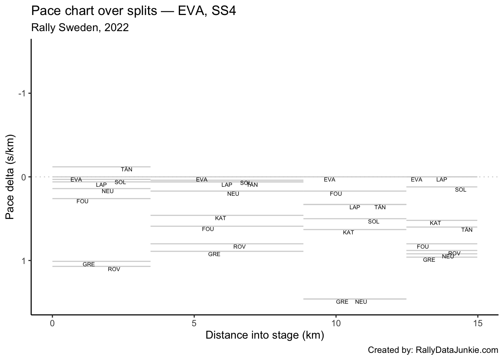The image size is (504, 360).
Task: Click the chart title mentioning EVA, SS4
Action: tap(133, 11)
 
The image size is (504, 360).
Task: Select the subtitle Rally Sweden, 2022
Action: tap(80, 28)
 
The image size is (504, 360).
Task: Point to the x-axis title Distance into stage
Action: tap(264, 335)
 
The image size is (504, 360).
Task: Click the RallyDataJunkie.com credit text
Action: tap(433, 350)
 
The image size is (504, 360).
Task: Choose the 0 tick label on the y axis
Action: tap(23, 177)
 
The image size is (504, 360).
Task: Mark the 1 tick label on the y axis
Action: tap(23, 260)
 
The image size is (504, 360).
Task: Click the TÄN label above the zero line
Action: tap(126, 169)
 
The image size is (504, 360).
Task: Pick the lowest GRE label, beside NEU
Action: tap(342, 302)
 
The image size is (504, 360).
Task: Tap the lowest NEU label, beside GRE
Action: tap(361, 302)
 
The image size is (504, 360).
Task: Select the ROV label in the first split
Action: tap(114, 269)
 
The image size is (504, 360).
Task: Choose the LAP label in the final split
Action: tap(442, 180)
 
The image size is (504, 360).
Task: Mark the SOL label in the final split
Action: tap(460, 190)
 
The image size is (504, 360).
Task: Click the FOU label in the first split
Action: tap(82, 201)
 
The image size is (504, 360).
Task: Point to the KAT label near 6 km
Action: tap(220, 218)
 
